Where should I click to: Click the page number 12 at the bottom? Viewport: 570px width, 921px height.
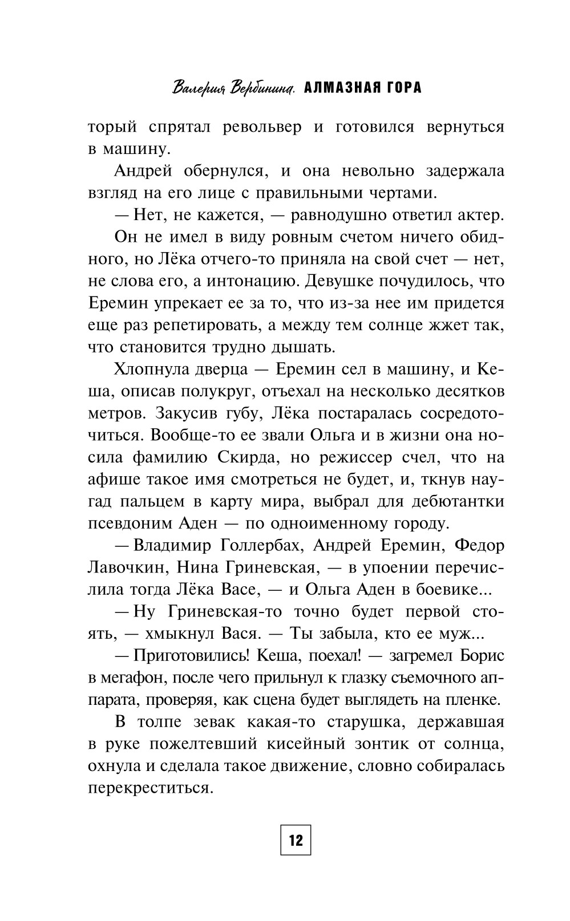tap(296, 839)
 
